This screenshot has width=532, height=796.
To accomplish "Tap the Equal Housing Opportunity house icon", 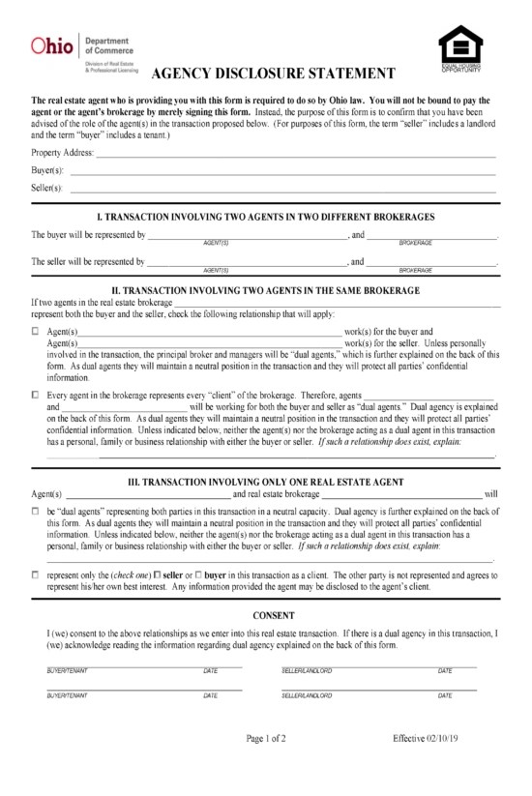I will [x=459, y=45].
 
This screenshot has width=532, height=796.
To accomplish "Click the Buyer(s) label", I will [x=46, y=170].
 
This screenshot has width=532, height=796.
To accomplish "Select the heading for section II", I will [x=266, y=290].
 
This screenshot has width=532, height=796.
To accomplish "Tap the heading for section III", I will [x=266, y=481].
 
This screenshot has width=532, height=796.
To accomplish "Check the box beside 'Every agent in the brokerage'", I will [x=36, y=396].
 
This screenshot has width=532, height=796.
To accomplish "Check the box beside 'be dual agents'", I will [x=36, y=510].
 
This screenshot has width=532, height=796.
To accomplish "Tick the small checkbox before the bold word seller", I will [x=158, y=575].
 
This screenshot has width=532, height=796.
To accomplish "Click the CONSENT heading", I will [x=266, y=615].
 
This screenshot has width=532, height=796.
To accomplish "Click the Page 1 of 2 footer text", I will [x=266, y=739].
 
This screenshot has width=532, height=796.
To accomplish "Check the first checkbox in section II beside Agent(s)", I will [x=36, y=332].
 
